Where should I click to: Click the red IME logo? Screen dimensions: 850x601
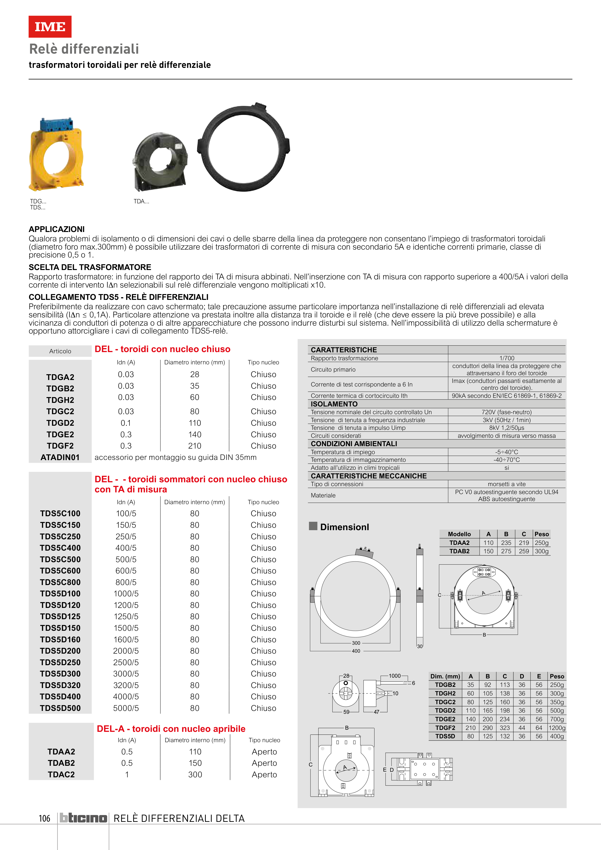pyautogui.click(x=50, y=27)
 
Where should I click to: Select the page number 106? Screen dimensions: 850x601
pyautogui.click(x=45, y=818)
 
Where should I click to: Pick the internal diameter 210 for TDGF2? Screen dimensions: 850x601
pyautogui.click(x=195, y=446)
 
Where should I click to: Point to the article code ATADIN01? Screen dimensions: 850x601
pyautogui.click(x=60, y=457)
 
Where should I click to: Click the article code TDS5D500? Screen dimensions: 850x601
pyautogui.click(x=60, y=708)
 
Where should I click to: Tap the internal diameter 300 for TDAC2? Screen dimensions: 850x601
pyautogui.click(x=195, y=774)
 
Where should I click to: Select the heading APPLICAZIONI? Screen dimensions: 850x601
pyautogui.click(x=57, y=229)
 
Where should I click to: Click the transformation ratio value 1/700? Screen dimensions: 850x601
pyautogui.click(x=507, y=358)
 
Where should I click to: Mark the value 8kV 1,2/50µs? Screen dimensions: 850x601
pyautogui.click(x=507, y=428)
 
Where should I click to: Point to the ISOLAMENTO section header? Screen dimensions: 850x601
pyautogui.click(x=334, y=404)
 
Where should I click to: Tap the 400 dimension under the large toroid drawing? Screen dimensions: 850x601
pyautogui.click(x=356, y=651)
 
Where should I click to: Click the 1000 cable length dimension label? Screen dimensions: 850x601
pyautogui.click(x=395, y=676)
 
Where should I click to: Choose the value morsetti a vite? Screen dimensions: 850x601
pyautogui.click(x=507, y=484)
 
